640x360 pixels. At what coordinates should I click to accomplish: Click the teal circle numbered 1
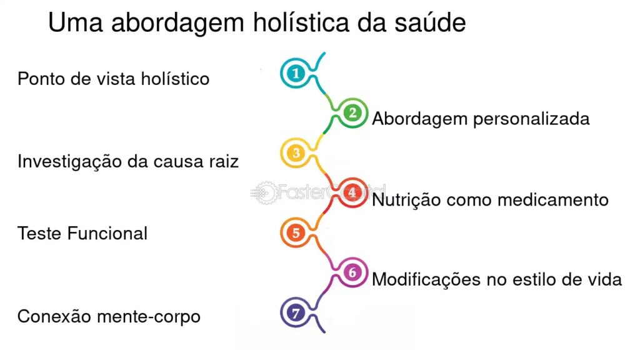tap(295, 74)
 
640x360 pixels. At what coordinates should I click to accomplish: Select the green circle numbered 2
tap(352, 113)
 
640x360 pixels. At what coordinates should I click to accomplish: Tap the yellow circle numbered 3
tap(296, 152)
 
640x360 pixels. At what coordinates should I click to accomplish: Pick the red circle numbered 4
tap(352, 192)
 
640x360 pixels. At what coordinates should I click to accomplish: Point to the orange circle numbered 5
tap(296, 232)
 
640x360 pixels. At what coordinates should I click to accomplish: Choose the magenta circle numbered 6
tap(352, 272)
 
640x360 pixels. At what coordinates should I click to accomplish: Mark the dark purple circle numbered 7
tap(296, 312)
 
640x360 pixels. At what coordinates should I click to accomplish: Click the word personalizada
tap(531, 119)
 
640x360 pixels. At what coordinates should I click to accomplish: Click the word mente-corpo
tap(149, 317)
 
